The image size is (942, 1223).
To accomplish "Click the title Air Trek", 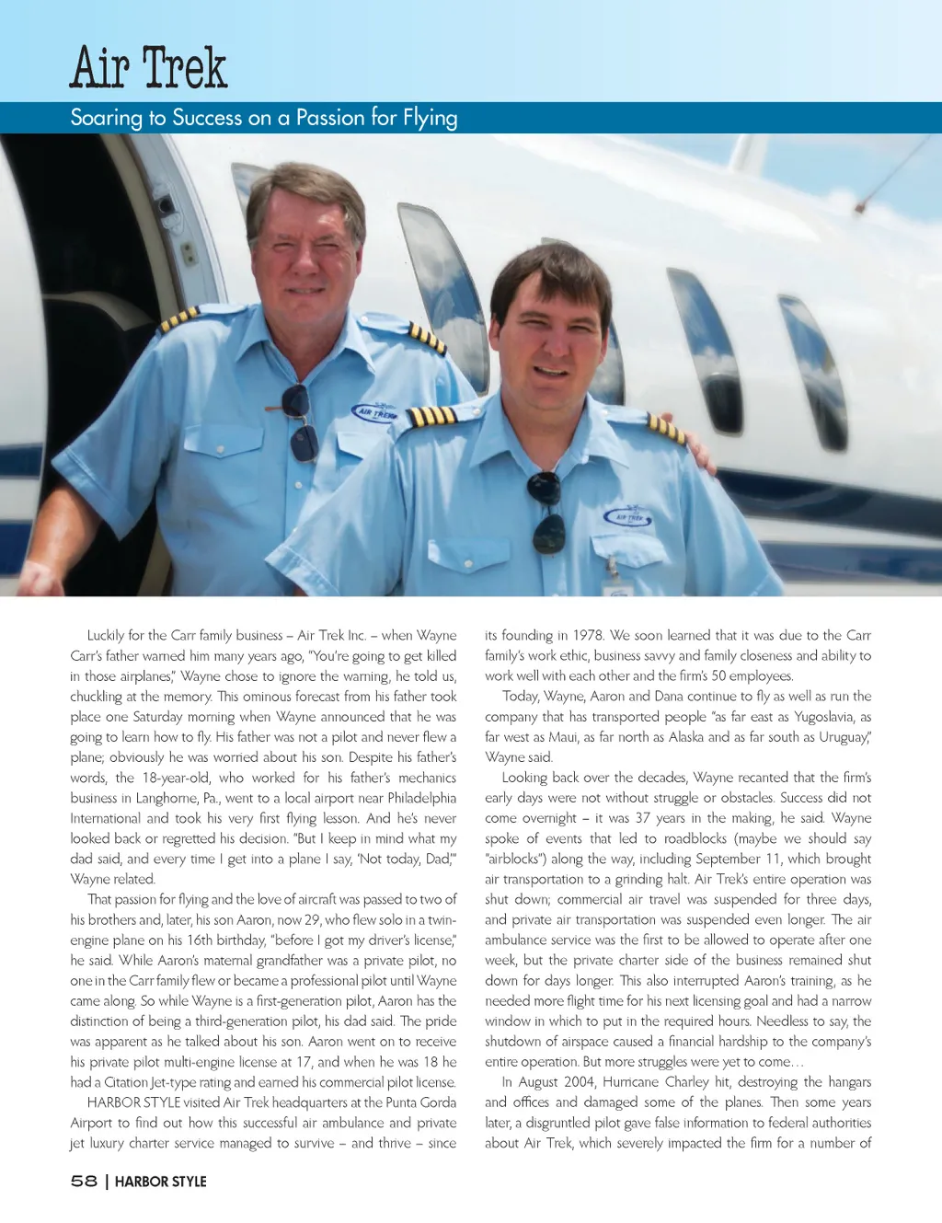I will coord(149,68).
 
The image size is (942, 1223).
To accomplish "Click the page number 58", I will coord(84,1181).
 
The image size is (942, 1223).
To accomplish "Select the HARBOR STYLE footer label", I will coord(161,1182).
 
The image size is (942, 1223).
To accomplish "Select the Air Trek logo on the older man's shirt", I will coord(374,413).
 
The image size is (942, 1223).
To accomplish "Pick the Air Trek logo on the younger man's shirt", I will coord(628,516).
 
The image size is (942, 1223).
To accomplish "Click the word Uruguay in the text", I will coord(842,737).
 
